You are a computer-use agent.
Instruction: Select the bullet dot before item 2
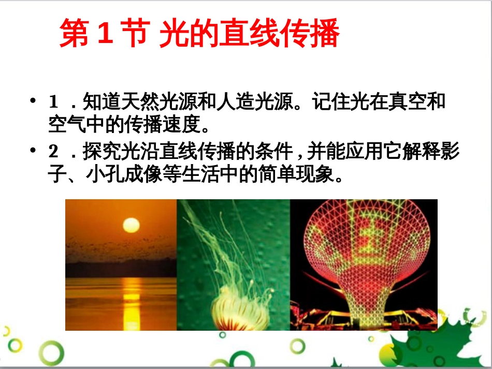[34, 152]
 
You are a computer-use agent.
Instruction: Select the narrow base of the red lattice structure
[363, 311]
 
